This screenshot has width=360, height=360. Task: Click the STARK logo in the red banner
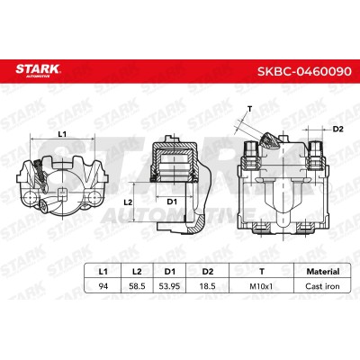(x=38, y=70)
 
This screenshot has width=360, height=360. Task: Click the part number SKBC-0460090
(x=304, y=71)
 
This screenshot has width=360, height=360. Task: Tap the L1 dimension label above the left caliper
(x=62, y=134)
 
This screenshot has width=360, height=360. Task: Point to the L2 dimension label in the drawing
(x=128, y=202)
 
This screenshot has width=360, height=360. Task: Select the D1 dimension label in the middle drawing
(x=172, y=202)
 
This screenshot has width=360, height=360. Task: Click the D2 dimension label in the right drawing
(x=337, y=130)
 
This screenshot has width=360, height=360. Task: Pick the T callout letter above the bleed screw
(x=249, y=109)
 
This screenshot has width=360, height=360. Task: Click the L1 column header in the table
(x=103, y=272)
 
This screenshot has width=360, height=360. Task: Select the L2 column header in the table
(x=137, y=272)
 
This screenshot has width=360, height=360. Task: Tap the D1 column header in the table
(x=170, y=272)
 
